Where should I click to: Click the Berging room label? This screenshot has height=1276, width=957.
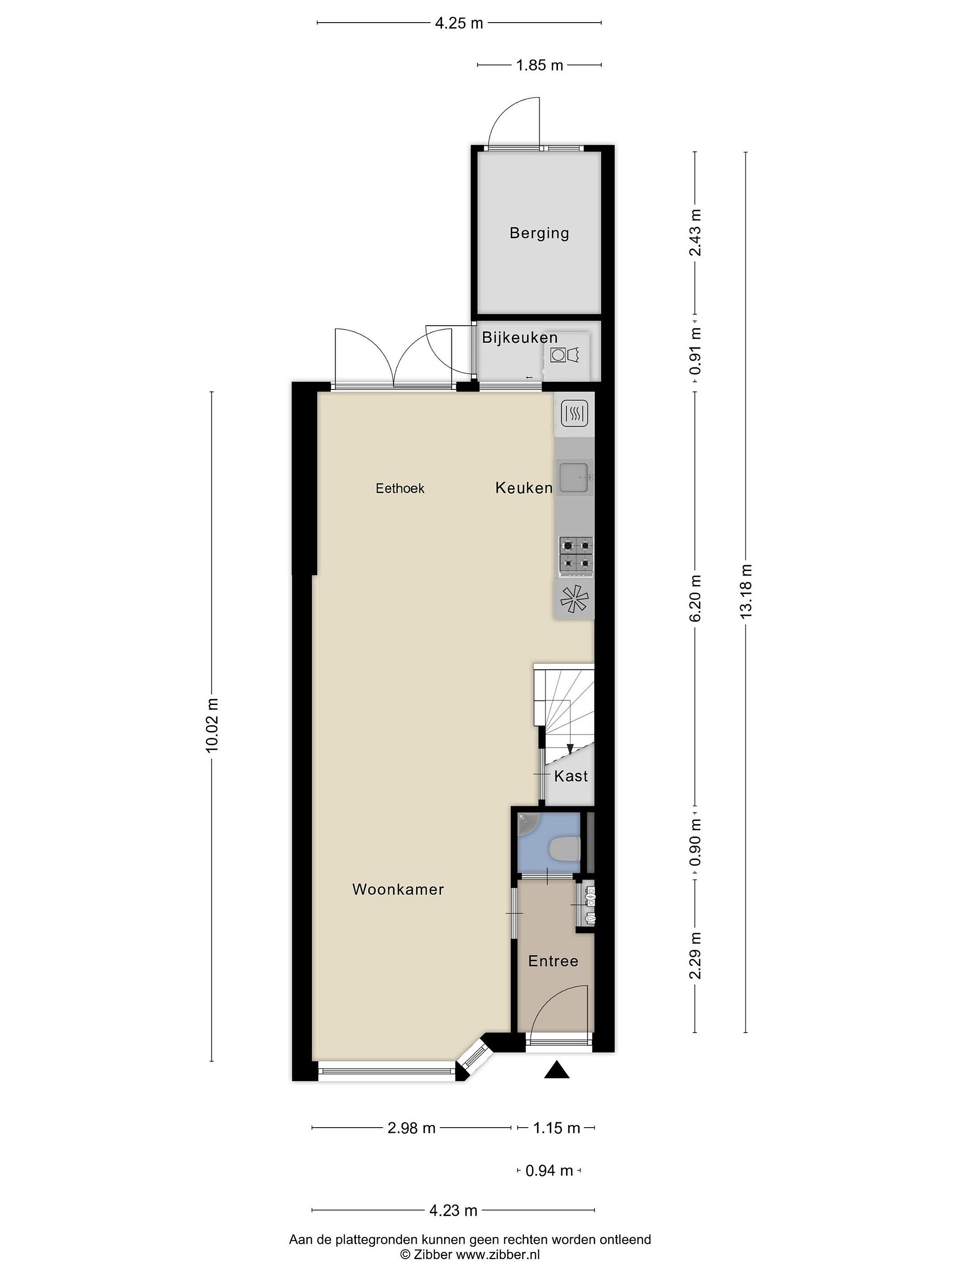[539, 233]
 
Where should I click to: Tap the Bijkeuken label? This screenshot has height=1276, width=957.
[520, 338]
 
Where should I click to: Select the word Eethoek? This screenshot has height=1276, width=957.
[400, 489]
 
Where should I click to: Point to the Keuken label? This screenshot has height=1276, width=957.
[524, 488]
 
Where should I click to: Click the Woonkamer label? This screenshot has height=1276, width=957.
[398, 890]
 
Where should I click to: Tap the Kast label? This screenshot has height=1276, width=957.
[571, 776]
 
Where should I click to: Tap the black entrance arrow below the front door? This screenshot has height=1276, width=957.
[556, 1070]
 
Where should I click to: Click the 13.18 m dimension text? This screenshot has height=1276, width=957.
[747, 591]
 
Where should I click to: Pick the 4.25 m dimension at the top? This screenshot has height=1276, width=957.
[459, 23]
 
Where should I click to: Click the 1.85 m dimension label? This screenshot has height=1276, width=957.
[539, 65]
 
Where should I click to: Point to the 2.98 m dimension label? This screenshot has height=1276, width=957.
[411, 1128]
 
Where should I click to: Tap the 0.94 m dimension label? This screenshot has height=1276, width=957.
[549, 1171]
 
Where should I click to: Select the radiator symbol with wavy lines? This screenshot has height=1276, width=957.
[574, 413]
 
